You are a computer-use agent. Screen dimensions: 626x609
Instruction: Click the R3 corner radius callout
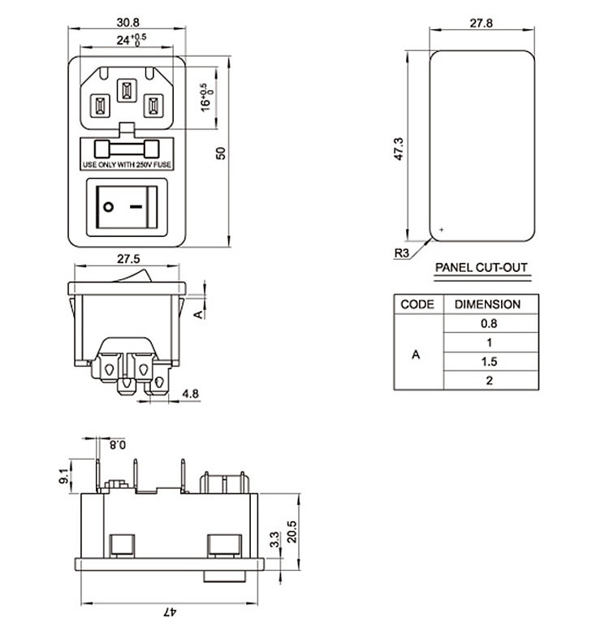(x=402, y=253)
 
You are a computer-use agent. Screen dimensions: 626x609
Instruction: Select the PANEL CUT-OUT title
(x=482, y=267)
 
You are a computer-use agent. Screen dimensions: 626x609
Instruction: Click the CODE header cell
(x=417, y=304)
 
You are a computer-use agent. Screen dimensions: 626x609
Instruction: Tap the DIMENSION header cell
(x=487, y=304)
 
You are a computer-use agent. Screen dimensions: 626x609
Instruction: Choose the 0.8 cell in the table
(x=488, y=324)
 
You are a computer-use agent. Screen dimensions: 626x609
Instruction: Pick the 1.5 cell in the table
(x=488, y=361)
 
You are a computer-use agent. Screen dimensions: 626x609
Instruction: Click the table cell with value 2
(x=488, y=380)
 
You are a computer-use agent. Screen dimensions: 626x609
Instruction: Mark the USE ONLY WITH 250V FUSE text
(x=127, y=166)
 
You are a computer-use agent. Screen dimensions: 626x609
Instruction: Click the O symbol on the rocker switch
(x=107, y=206)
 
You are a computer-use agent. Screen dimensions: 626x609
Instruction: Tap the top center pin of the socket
(x=127, y=90)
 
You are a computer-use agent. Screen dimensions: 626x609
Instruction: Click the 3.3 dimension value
(x=274, y=537)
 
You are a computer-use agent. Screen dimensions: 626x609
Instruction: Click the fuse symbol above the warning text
(x=128, y=149)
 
